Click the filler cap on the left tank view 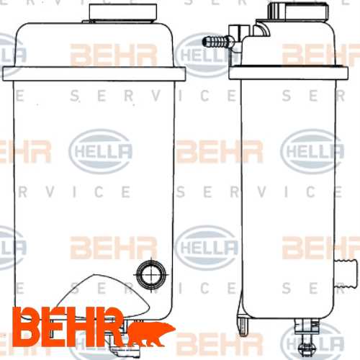tap(123, 12)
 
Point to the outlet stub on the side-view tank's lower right tap(346, 272)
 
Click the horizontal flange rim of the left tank tap(94, 73)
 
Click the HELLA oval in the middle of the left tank tap(100, 150)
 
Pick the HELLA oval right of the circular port tap(205, 248)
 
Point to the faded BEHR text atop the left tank tap(112, 54)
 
